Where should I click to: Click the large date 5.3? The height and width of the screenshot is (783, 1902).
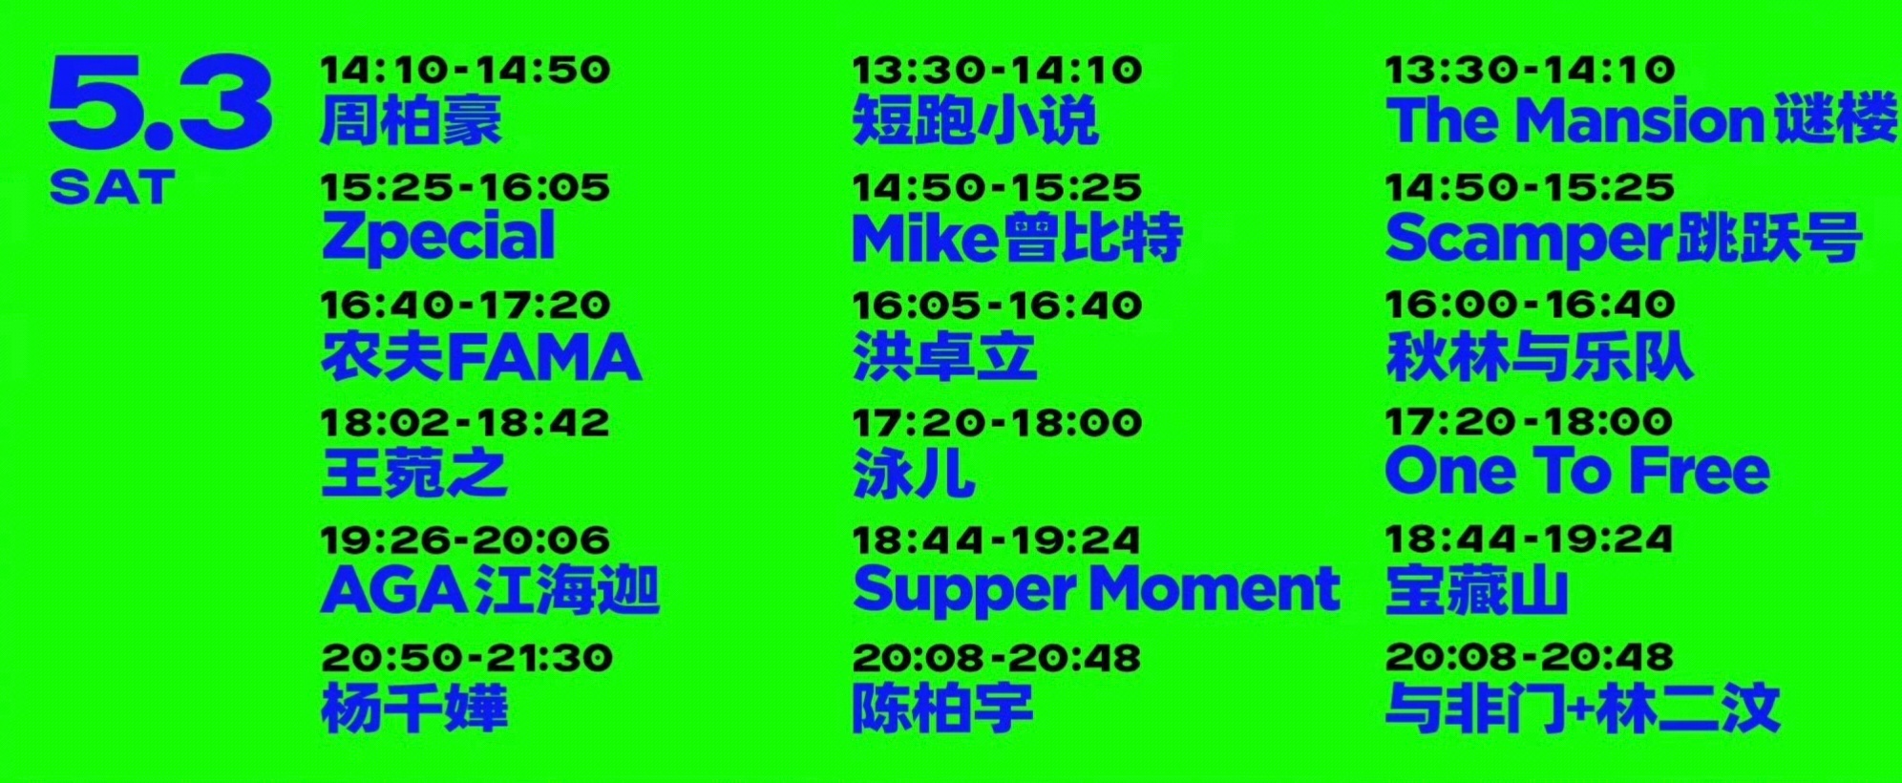pos(160,102)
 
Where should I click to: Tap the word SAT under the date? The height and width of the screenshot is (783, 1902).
pos(113,187)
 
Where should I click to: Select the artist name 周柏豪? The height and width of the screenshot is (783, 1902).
pos(412,120)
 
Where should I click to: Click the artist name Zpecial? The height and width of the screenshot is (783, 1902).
pos(438,237)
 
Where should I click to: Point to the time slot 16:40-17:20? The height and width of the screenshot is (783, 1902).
pos(465,306)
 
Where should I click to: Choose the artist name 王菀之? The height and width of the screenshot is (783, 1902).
pos(413,473)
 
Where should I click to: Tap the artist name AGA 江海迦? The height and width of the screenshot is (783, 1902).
pos(491,590)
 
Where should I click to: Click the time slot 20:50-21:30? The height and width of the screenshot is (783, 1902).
pos(467,658)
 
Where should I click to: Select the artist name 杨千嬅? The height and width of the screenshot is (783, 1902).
pos(414,708)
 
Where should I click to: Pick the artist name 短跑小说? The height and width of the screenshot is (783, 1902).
pos(975,120)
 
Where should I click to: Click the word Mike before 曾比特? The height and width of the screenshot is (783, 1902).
pos(925,238)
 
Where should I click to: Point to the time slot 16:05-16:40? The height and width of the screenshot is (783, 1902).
pos(997,306)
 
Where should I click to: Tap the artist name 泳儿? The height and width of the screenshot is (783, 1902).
pos(914,473)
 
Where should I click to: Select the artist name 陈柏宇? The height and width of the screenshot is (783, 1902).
pos(942,708)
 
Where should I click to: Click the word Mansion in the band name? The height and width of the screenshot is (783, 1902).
pos(1640,120)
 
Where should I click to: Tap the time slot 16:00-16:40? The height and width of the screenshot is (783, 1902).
pos(1530,305)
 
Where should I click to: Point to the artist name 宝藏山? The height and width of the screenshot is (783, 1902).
pos(1476,590)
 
